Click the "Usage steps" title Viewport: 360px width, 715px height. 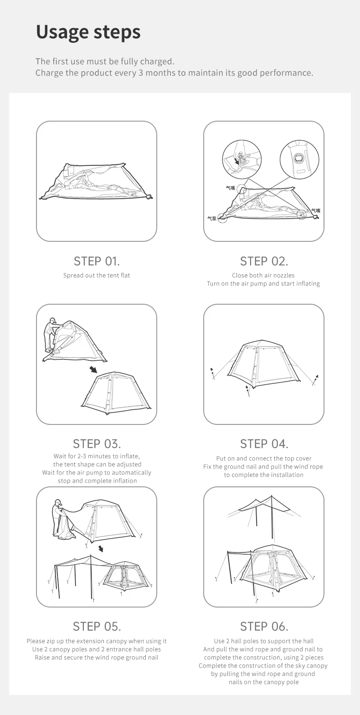coord(88,32)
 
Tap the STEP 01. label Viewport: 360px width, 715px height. coord(97,261)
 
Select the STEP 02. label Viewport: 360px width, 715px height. coord(264,261)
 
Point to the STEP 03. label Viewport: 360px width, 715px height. coord(97,444)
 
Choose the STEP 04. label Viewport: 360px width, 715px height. coord(264,444)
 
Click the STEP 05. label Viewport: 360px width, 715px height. coord(97,627)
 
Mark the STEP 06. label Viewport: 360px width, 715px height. coord(264,627)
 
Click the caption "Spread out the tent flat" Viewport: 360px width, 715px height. coord(97,276)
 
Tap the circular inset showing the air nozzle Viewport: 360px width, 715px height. coord(242,159)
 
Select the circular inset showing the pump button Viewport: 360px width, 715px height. coord(299,159)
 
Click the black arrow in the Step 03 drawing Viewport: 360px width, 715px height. coord(93,369)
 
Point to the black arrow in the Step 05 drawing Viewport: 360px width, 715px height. coord(101,548)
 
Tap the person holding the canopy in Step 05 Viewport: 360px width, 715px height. coord(59,518)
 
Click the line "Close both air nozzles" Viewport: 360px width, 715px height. coord(263,276)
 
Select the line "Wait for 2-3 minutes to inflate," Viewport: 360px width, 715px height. coord(97,456)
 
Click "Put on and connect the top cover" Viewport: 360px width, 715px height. coord(264,459)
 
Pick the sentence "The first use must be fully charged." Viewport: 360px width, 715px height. coord(105,61)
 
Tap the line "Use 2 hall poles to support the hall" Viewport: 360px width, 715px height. coord(264,641)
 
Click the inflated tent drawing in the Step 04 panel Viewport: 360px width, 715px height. coord(264,364)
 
